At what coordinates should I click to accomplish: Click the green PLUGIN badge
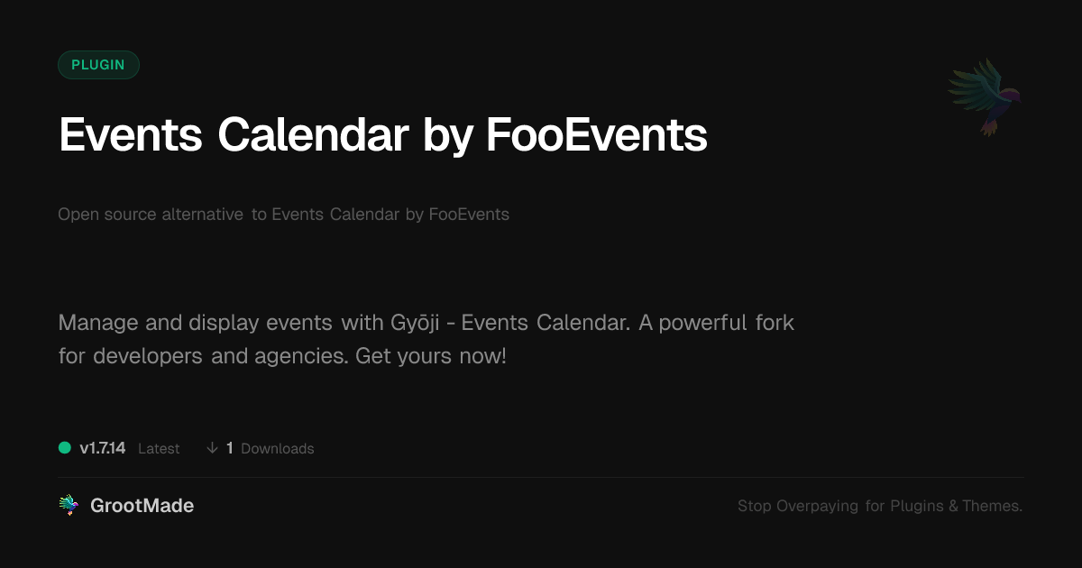pyautogui.click(x=98, y=65)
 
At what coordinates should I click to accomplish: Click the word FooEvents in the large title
pyautogui.click(x=597, y=134)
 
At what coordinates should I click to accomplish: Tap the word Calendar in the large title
pyautogui.click(x=314, y=134)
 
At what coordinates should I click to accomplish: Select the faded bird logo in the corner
pyautogui.click(x=985, y=97)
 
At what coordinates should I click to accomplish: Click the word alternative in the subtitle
pyautogui.click(x=202, y=214)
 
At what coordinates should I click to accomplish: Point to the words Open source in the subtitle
pyautogui.click(x=106, y=215)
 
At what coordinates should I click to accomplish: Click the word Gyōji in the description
pyautogui.click(x=415, y=323)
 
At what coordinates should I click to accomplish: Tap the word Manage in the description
pyautogui.click(x=98, y=323)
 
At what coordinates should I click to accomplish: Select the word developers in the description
pyautogui.click(x=148, y=356)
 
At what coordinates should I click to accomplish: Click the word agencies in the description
pyautogui.click(x=301, y=356)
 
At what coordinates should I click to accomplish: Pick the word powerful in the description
pyautogui.click(x=702, y=323)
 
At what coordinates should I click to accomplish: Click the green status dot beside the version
pyautogui.click(x=65, y=448)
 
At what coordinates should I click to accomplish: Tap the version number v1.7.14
pyautogui.click(x=103, y=448)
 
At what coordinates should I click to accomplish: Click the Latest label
pyautogui.click(x=159, y=449)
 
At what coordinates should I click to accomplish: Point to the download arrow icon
pyautogui.click(x=212, y=448)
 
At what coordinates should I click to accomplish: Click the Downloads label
pyautogui.click(x=278, y=449)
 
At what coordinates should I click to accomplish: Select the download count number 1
pyautogui.click(x=230, y=448)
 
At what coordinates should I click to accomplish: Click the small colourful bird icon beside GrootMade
pyautogui.click(x=69, y=505)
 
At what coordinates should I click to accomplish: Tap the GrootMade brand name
pyautogui.click(x=142, y=506)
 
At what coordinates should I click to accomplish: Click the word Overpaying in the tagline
pyautogui.click(x=817, y=506)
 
